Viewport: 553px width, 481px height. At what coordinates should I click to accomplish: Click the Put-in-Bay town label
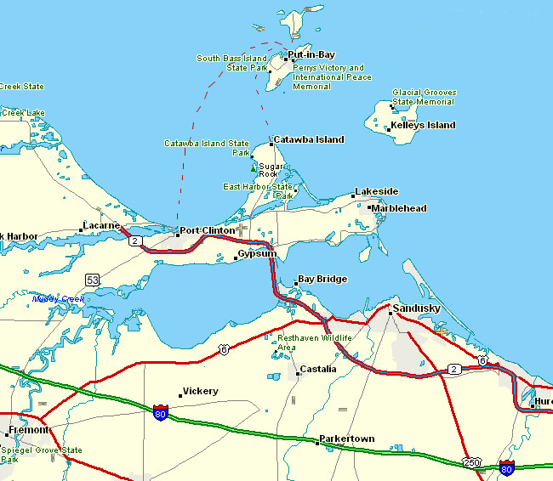click(x=311, y=55)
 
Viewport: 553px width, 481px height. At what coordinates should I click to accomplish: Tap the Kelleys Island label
click(x=423, y=126)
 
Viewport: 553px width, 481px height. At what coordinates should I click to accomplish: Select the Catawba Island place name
click(x=308, y=140)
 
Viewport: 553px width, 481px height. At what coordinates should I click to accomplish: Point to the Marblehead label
click(x=399, y=209)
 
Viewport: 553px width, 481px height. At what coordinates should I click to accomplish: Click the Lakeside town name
click(x=376, y=193)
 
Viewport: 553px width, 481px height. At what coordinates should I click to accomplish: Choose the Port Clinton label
click(x=207, y=231)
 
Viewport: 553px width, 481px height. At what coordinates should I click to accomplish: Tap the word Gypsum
click(x=257, y=255)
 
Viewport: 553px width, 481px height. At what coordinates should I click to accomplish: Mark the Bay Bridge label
click(x=322, y=280)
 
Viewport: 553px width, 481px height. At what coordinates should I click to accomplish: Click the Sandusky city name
click(x=415, y=308)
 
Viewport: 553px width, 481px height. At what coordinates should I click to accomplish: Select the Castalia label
click(x=318, y=370)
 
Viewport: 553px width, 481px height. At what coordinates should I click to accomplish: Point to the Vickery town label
click(x=200, y=392)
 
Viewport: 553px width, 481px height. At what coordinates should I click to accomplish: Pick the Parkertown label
click(x=346, y=439)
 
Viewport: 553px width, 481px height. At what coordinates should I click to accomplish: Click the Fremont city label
click(x=28, y=431)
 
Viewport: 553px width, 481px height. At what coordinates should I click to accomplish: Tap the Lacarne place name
click(x=101, y=226)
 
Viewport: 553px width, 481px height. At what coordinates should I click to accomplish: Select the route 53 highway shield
click(x=93, y=279)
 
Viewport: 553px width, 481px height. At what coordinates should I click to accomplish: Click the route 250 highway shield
click(x=471, y=462)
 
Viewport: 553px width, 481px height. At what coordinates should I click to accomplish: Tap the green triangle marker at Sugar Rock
click(x=254, y=168)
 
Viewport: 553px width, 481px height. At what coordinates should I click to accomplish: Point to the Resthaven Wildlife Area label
click(x=314, y=342)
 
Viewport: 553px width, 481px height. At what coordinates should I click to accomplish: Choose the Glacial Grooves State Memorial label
click(x=424, y=97)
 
